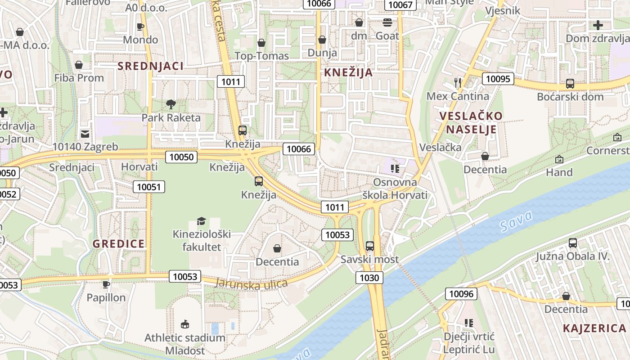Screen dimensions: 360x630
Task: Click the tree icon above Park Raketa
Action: pyautogui.click(x=171, y=104)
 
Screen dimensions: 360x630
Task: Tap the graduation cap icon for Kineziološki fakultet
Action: pyautogui.click(x=201, y=221)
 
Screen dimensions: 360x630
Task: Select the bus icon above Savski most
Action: pyautogui.click(x=369, y=246)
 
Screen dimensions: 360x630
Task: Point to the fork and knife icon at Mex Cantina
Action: pyautogui.click(x=458, y=82)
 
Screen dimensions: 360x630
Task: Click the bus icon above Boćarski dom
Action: pyautogui.click(x=570, y=83)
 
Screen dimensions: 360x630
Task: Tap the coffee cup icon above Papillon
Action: pyautogui.click(x=106, y=284)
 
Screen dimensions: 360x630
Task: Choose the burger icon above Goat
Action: pyautogui.click(x=387, y=22)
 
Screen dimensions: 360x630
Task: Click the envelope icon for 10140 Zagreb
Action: pyautogui.click(x=85, y=134)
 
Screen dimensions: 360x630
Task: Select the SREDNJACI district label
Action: pyautogui.click(x=150, y=66)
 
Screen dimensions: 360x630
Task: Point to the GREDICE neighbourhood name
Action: pyautogui.click(x=119, y=244)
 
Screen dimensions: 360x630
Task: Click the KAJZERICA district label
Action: pyautogui.click(x=594, y=328)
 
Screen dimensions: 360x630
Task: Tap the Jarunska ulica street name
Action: pyautogui.click(x=251, y=283)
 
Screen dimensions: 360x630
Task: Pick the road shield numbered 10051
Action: pyautogui.click(x=149, y=187)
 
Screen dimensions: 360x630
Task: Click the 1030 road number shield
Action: pyautogui.click(x=369, y=278)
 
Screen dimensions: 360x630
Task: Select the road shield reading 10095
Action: pyautogui.click(x=498, y=79)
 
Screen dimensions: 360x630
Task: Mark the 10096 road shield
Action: pyautogui.click(x=461, y=294)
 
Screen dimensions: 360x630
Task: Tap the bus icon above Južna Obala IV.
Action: pyautogui.click(x=572, y=243)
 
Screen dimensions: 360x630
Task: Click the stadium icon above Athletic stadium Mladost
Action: pyautogui.click(x=184, y=324)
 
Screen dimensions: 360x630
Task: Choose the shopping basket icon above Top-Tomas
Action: pyautogui.click(x=261, y=43)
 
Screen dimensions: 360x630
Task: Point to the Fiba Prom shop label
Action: pyautogui.click(x=79, y=78)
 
